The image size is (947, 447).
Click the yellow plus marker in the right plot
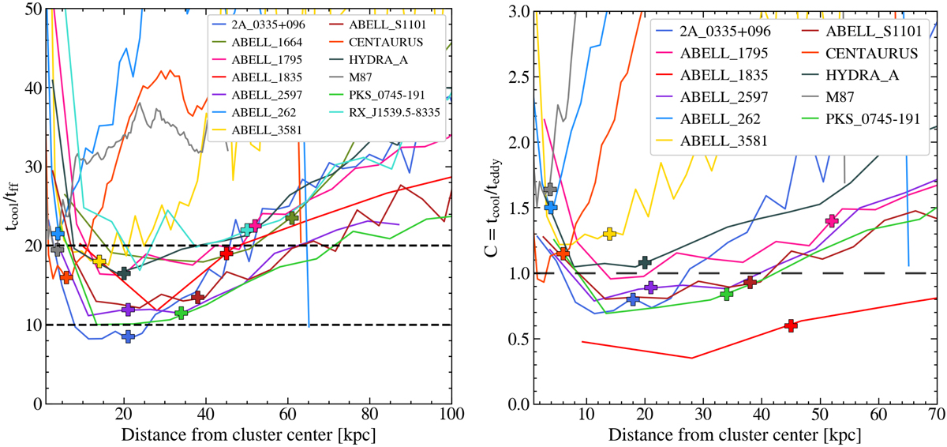tap(609, 234)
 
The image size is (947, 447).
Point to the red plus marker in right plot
tap(791, 325)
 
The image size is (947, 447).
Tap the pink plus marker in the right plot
tap(832, 221)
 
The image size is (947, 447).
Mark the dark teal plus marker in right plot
tap(645, 262)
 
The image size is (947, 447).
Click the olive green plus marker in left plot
tap(292, 217)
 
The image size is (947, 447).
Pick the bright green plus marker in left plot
tap(181, 313)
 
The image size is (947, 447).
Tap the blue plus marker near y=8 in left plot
tap(129, 336)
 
